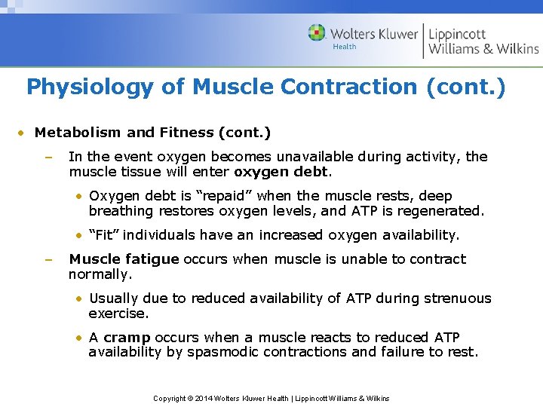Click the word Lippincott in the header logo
tap(457, 34)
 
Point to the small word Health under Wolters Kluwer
tap(345, 47)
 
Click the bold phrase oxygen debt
tap(281, 171)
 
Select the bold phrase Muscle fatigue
tap(124, 259)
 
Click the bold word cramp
tap(127, 338)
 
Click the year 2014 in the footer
tap(204, 398)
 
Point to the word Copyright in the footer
tap(170, 398)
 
